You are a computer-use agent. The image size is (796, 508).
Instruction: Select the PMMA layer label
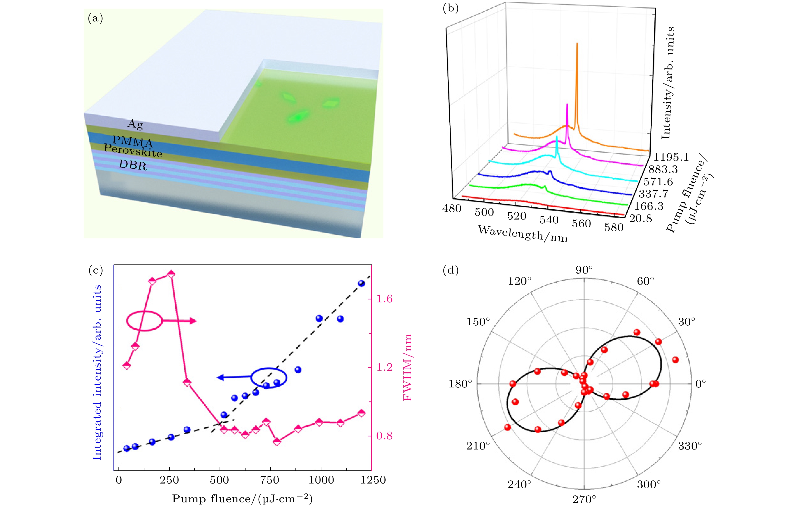click(x=133, y=142)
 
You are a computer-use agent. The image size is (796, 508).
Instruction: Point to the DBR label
click(x=133, y=164)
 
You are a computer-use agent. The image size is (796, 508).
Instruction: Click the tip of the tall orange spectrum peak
click(x=577, y=44)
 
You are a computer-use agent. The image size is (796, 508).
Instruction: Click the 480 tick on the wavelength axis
click(x=452, y=209)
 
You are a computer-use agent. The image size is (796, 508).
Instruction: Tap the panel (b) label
click(x=451, y=8)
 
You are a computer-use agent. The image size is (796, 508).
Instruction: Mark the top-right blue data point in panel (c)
click(x=361, y=283)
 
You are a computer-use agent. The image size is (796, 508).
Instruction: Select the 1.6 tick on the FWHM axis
click(x=384, y=299)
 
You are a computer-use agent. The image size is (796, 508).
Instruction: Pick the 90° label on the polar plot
click(x=584, y=270)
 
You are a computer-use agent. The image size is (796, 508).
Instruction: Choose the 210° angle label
click(x=478, y=446)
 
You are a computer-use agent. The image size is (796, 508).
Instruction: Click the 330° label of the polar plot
click(x=690, y=446)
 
